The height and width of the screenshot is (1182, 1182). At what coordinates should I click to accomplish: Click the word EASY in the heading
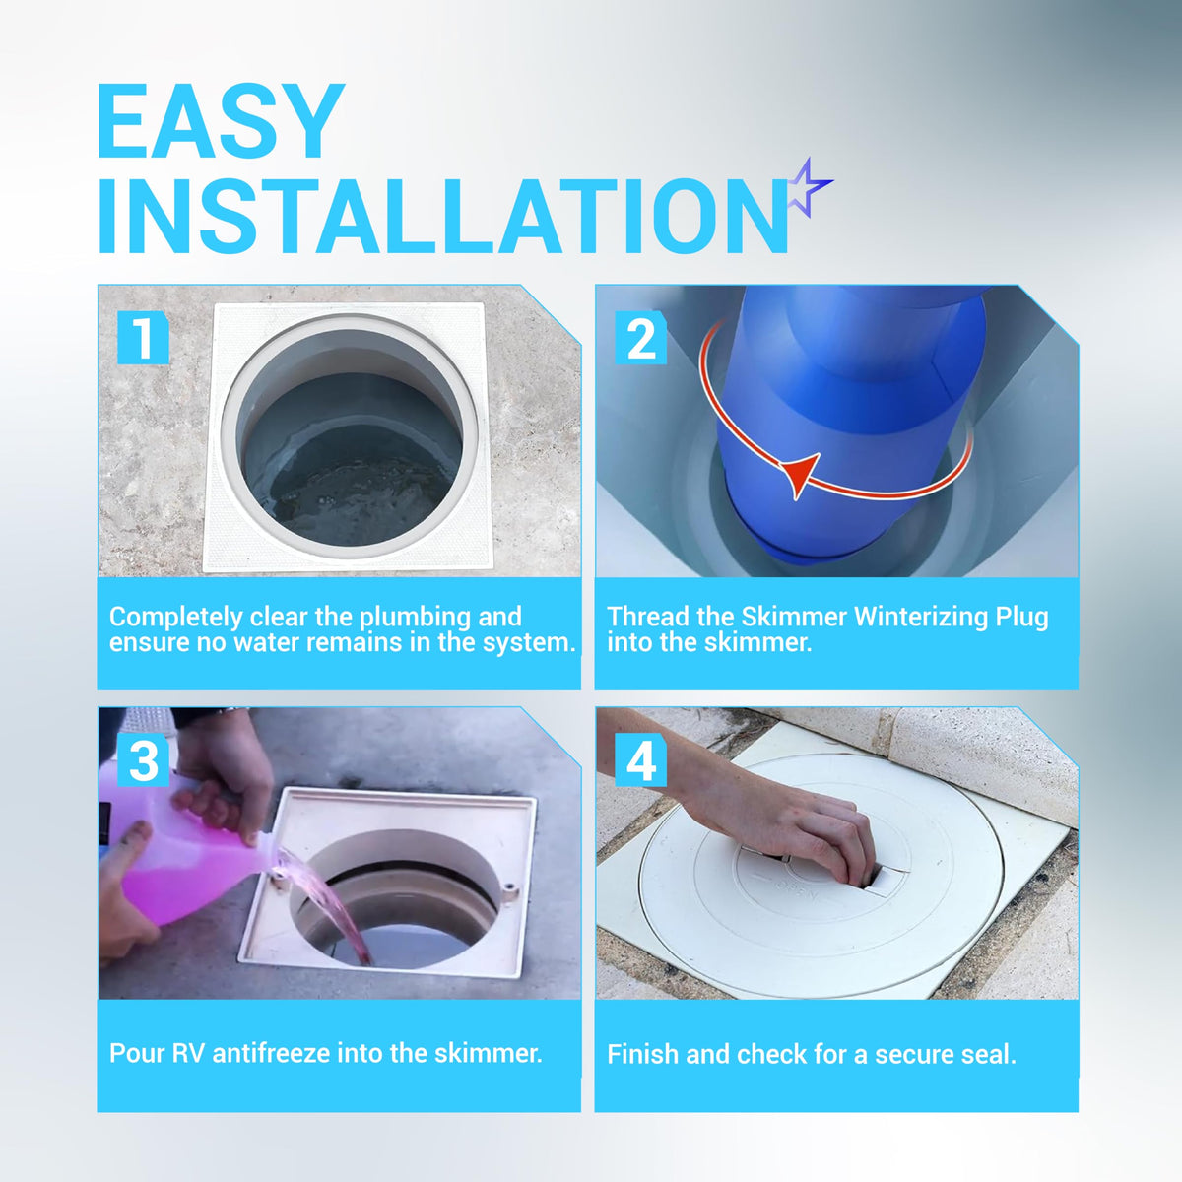[x=221, y=121]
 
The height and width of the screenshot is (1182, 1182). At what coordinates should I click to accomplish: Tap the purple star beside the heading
[x=809, y=187]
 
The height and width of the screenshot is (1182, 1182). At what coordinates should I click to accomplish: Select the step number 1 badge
[x=143, y=338]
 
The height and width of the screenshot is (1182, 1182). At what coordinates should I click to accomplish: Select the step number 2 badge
[x=641, y=338]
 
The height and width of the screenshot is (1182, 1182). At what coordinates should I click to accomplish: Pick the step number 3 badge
[x=143, y=760]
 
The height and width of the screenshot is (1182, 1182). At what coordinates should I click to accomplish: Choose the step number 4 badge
[x=641, y=760]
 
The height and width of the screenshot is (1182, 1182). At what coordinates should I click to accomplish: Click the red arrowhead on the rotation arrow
[x=799, y=474]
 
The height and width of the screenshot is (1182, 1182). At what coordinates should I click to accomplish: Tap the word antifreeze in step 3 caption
[x=271, y=1053]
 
